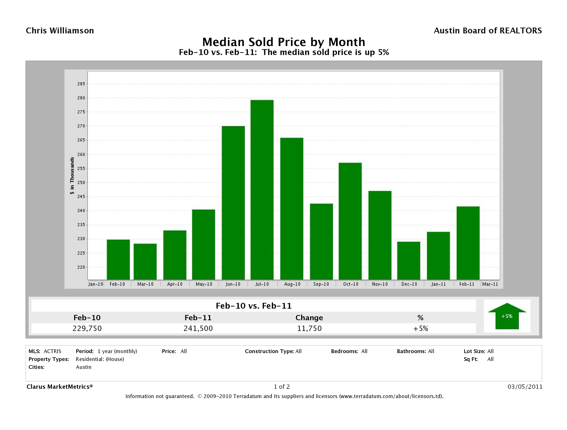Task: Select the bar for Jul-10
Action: [262, 190]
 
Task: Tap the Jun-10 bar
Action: [233, 203]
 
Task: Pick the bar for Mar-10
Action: [145, 261]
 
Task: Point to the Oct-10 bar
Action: [350, 221]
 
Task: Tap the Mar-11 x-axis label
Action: [490, 284]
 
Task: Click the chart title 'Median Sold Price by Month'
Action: [284, 42]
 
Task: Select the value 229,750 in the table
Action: [87, 328]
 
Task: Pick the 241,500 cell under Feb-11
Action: [198, 328]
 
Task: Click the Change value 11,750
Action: [309, 328]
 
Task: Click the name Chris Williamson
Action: [60, 31]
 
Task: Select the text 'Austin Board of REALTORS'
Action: [488, 31]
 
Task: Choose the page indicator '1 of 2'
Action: [282, 387]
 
